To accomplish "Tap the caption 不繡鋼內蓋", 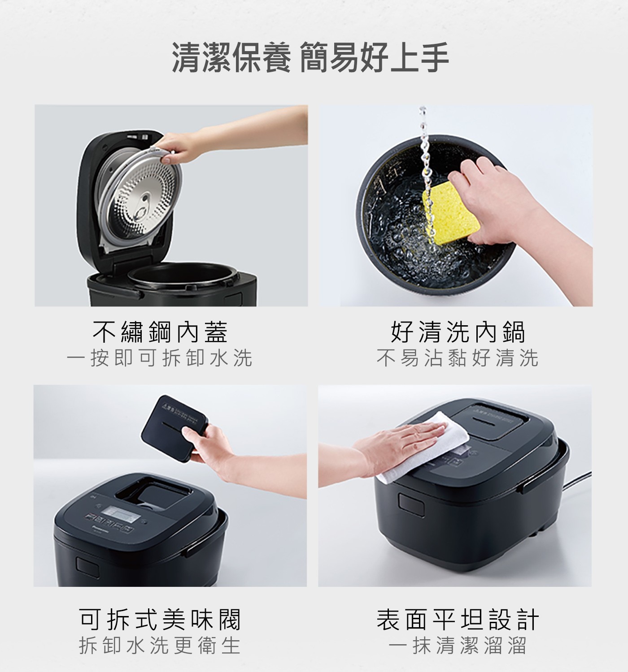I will click(160, 332).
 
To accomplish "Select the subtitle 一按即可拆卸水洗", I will click(160, 358).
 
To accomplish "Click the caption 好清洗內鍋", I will click(458, 332).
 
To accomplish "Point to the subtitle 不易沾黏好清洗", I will click(458, 358).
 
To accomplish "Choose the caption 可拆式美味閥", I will click(160, 620).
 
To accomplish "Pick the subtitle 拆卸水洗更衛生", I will click(160, 646).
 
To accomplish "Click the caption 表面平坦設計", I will click(458, 620).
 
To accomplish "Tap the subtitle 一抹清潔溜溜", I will click(458, 646).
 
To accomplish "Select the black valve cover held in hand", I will click(173, 423).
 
